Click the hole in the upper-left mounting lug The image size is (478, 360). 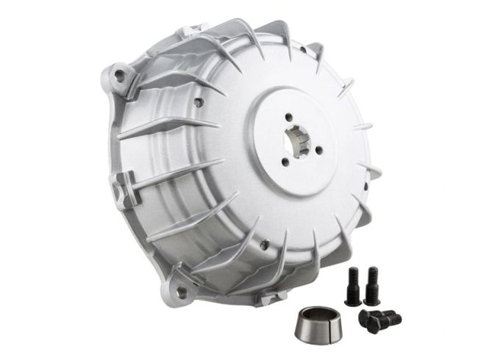coord(121,73)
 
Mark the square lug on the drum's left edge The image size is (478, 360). coord(118,180)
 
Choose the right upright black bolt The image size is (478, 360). coord(371,285)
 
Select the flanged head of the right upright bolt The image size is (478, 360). coord(371,298)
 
